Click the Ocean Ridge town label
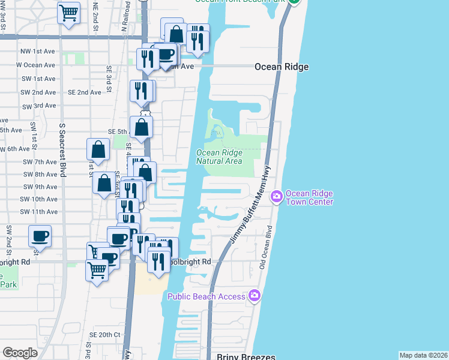[281, 67]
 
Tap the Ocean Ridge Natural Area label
[219, 157]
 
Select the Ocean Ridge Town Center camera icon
[277, 196]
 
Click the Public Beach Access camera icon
[255, 295]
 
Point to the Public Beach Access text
[206, 296]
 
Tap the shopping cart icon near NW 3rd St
[69, 11]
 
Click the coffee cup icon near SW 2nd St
[40, 235]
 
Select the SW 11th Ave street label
[38, 212]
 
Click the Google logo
[20, 353]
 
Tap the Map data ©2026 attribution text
[423, 355]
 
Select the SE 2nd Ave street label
[84, 92]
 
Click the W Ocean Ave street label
[35, 65]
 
